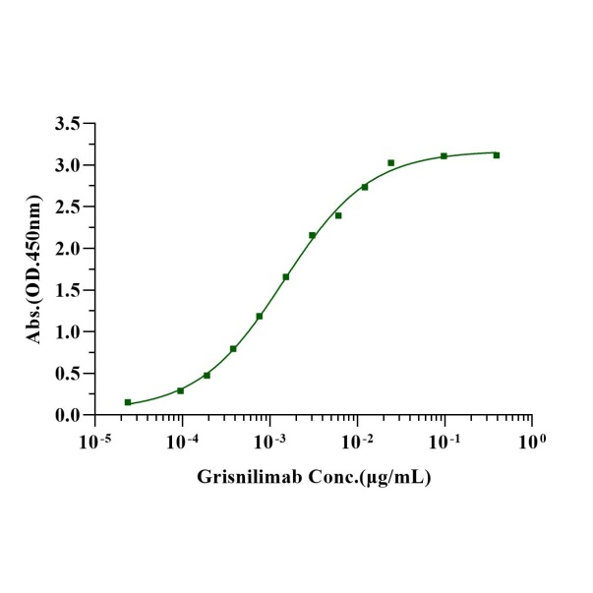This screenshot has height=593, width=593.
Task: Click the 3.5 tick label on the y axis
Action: click(x=68, y=124)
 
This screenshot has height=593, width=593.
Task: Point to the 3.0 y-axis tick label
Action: click(x=68, y=165)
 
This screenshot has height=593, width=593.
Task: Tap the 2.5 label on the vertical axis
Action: click(x=68, y=207)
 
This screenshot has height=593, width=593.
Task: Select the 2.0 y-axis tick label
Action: click(x=68, y=249)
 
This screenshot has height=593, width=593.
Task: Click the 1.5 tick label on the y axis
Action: click(x=68, y=290)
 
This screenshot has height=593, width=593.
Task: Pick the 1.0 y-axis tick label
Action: click(x=68, y=331)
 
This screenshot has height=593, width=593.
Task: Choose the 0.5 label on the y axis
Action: click(x=68, y=374)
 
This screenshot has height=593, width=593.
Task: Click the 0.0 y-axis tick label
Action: click(x=68, y=415)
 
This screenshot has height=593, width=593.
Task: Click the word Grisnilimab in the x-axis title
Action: click(x=244, y=478)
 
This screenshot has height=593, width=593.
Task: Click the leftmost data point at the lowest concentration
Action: click(x=128, y=402)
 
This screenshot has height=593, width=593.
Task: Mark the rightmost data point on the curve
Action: click(x=497, y=155)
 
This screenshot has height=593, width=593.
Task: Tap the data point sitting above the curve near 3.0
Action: click(x=391, y=163)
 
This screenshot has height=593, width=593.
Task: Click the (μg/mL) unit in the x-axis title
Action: click(x=389, y=478)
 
